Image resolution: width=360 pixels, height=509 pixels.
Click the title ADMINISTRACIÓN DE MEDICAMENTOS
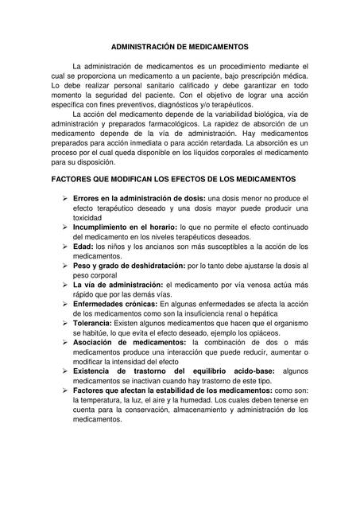[180, 47]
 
